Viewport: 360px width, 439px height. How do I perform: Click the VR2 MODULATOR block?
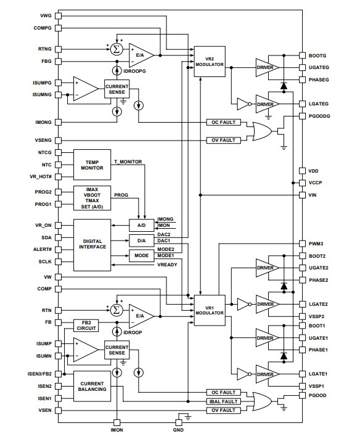coord(210,62)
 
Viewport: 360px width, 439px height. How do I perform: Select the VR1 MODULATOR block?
coord(210,310)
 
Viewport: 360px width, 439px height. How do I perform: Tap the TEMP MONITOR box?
coord(92,165)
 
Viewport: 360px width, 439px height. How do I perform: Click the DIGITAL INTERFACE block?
coord(92,245)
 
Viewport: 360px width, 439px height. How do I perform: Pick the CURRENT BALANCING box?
coord(92,387)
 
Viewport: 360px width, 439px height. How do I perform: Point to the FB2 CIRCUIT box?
coord(86,326)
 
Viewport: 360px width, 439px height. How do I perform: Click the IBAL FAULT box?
coord(223,401)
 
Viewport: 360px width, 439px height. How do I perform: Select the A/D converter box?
coord(142,225)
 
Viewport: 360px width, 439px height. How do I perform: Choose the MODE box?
coord(142,255)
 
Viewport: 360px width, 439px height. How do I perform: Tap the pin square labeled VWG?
coord(58,15)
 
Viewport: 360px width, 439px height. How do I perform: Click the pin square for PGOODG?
coord(302,116)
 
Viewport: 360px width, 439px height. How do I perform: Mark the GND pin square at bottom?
coord(178,422)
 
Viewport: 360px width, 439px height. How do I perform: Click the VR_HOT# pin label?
coord(41,177)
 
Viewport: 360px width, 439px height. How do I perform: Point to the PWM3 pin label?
coord(316,244)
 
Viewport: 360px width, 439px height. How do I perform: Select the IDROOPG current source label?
coord(134,71)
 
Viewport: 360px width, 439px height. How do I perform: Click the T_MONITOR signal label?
coord(128,162)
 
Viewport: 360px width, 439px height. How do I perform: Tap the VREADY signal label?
coord(167,265)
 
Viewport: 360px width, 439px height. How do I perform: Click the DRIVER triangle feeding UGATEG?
coord(267,67)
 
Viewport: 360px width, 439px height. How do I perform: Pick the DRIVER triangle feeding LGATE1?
coord(267,374)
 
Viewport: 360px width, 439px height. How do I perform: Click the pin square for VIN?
coord(302,195)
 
